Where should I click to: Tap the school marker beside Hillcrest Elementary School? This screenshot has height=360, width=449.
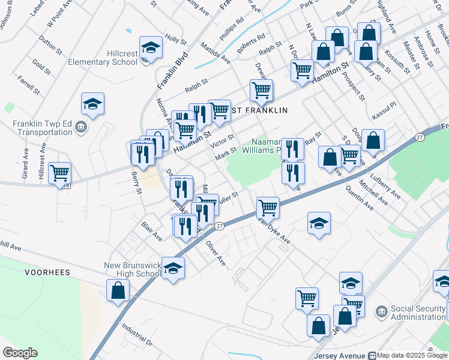[x=151, y=47]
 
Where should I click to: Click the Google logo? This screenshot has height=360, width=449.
[x=20, y=353]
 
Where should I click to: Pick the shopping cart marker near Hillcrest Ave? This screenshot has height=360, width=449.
[x=59, y=173]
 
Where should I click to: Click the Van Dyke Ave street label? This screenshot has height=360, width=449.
[x=274, y=230]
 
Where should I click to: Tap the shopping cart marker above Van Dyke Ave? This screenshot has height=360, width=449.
[x=268, y=208]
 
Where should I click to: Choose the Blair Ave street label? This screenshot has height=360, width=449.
[x=152, y=231]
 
